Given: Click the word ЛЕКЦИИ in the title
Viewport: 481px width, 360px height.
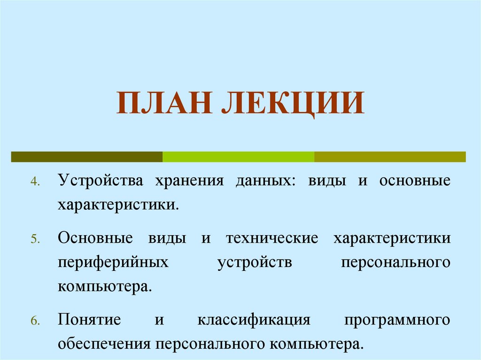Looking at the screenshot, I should (x=291, y=104).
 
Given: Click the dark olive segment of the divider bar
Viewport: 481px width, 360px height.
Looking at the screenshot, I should (x=87, y=157).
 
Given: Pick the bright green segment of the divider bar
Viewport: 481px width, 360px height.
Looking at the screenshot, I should (x=238, y=157).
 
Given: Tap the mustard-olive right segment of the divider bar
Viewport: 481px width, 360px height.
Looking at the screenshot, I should (x=390, y=157).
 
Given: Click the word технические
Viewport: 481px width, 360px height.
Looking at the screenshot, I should (x=272, y=237).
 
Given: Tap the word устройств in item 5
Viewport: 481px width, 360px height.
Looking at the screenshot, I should (x=255, y=262).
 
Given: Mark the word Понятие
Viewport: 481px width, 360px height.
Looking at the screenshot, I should (x=89, y=321).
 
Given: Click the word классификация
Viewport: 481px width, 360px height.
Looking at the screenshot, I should (x=254, y=321).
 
